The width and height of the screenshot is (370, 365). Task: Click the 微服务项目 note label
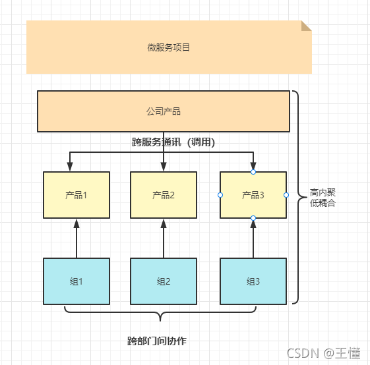coord(169,47)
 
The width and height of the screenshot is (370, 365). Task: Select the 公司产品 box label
coord(164,111)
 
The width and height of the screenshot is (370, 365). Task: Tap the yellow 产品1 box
coord(77,195)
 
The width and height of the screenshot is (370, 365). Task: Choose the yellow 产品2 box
coord(164,195)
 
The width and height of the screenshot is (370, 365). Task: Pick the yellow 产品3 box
coord(253,195)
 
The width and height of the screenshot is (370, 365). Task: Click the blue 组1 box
coord(77,281)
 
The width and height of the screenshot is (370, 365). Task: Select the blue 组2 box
coord(164,281)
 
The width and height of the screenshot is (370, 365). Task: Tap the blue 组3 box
coord(253,281)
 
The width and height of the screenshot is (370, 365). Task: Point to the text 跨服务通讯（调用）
coord(174,142)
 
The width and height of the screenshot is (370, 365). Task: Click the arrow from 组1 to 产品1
coord(77,239)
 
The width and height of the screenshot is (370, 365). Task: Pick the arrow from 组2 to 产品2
coord(164,239)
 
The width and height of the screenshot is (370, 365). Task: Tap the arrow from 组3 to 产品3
coord(253,239)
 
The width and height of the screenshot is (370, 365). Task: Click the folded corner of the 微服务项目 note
coord(306,26)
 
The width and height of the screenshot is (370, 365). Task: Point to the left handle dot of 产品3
coord(220,195)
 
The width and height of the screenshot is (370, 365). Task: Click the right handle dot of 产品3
coord(286,195)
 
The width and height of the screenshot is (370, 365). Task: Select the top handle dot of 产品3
coord(253,172)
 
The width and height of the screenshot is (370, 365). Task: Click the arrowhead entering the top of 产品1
coord(69,167)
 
